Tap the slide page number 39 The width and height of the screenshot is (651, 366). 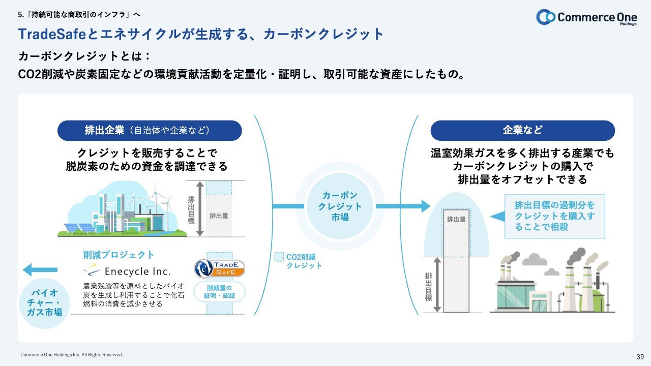coord(640,356)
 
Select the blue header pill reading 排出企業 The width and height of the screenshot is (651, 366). coord(150,131)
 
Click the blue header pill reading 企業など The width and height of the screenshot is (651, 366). coord(522,131)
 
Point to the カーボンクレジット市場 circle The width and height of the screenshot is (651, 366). coord(340,206)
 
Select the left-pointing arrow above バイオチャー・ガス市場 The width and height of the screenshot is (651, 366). coord(41,270)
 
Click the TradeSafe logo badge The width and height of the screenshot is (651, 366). coord(220,269)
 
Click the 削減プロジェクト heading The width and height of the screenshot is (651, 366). coord(119,255)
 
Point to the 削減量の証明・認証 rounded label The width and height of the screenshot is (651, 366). coord(220,292)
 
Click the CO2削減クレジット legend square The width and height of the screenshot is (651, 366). coord(279,257)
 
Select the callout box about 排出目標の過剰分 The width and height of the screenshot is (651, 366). coord(554,216)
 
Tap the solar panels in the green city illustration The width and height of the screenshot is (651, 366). coord(79,228)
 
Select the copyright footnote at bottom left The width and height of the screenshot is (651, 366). coord(72,354)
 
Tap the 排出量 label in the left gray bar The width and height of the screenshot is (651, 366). coord(219,216)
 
